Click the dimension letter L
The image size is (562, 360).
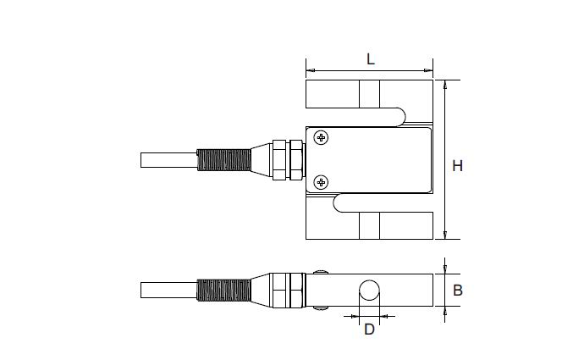[370, 59]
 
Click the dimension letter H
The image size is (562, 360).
[457, 166]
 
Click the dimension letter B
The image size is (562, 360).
[457, 290]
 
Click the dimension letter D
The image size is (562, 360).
[369, 330]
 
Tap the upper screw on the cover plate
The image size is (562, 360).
[321, 138]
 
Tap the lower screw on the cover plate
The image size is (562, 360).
[321, 181]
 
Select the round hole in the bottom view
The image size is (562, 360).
[369, 291]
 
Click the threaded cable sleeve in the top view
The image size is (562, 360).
[223, 159]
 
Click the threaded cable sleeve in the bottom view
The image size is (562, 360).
[223, 289]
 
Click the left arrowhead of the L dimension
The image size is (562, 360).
[309, 69]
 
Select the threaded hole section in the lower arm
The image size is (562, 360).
[369, 225]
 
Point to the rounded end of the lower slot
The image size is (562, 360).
[336, 203]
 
